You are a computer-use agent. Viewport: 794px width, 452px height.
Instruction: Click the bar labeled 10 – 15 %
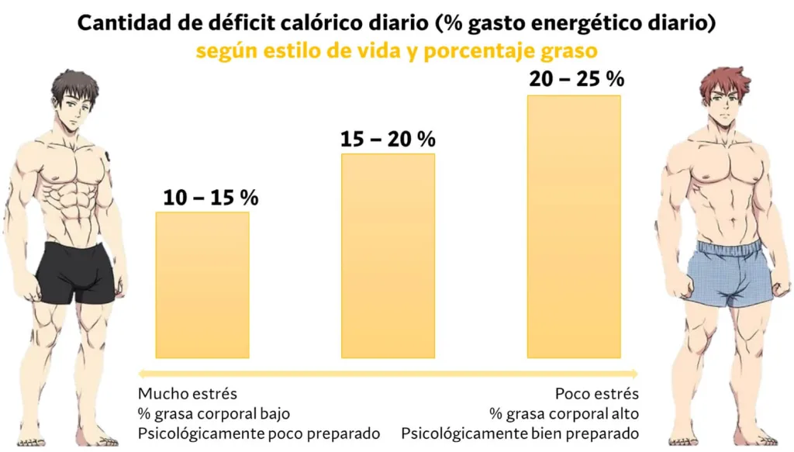pyautogui.click(x=202, y=285)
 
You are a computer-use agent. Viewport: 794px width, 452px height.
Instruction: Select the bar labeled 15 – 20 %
pyautogui.click(x=388, y=256)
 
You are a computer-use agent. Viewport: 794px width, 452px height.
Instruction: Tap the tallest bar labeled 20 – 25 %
pyautogui.click(x=574, y=226)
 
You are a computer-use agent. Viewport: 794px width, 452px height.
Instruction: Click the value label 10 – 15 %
pyautogui.click(x=210, y=198)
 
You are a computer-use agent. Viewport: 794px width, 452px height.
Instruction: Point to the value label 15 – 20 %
pyautogui.click(x=388, y=140)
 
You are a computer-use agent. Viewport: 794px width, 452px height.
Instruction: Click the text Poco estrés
pyautogui.click(x=597, y=393)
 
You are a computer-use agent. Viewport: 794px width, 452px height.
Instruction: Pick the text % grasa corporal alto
pyautogui.click(x=564, y=412)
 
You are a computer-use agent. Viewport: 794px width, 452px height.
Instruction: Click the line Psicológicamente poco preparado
pyautogui.click(x=259, y=432)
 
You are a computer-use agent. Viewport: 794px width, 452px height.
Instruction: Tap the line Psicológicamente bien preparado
pyautogui.click(x=520, y=432)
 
